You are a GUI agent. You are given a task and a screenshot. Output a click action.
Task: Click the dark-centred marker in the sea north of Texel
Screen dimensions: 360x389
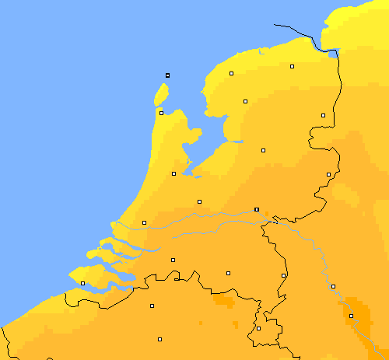pos(167,75)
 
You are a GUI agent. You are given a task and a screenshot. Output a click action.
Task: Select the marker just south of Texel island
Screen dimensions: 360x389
pos(161,113)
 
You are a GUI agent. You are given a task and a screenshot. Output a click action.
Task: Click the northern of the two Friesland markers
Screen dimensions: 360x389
pos(231,74)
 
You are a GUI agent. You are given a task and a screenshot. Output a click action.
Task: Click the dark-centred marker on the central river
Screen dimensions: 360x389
pos(257,209)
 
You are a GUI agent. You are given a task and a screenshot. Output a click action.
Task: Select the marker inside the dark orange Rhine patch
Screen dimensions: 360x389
pos(351,316)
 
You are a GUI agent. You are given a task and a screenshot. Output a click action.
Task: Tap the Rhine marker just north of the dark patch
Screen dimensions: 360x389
pos(333,286)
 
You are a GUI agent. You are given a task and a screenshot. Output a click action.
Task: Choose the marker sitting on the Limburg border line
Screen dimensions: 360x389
pos(284,275)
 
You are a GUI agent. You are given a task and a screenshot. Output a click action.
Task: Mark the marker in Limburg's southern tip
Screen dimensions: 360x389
pos(259,328)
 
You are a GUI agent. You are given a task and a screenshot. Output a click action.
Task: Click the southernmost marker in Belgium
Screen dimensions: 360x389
pos(159,339)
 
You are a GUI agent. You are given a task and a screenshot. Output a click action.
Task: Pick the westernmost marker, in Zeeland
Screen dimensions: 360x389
pos(82,283)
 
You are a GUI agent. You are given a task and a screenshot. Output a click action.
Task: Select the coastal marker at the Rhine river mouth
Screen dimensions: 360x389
pos(144,222)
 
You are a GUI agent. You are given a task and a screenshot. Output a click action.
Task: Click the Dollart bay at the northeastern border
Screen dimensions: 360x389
pos(334,54)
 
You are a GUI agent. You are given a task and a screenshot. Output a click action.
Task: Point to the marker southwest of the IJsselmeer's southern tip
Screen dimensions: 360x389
pos(173,173)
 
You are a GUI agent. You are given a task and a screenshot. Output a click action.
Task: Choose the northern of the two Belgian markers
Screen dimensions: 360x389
pos(152,306)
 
